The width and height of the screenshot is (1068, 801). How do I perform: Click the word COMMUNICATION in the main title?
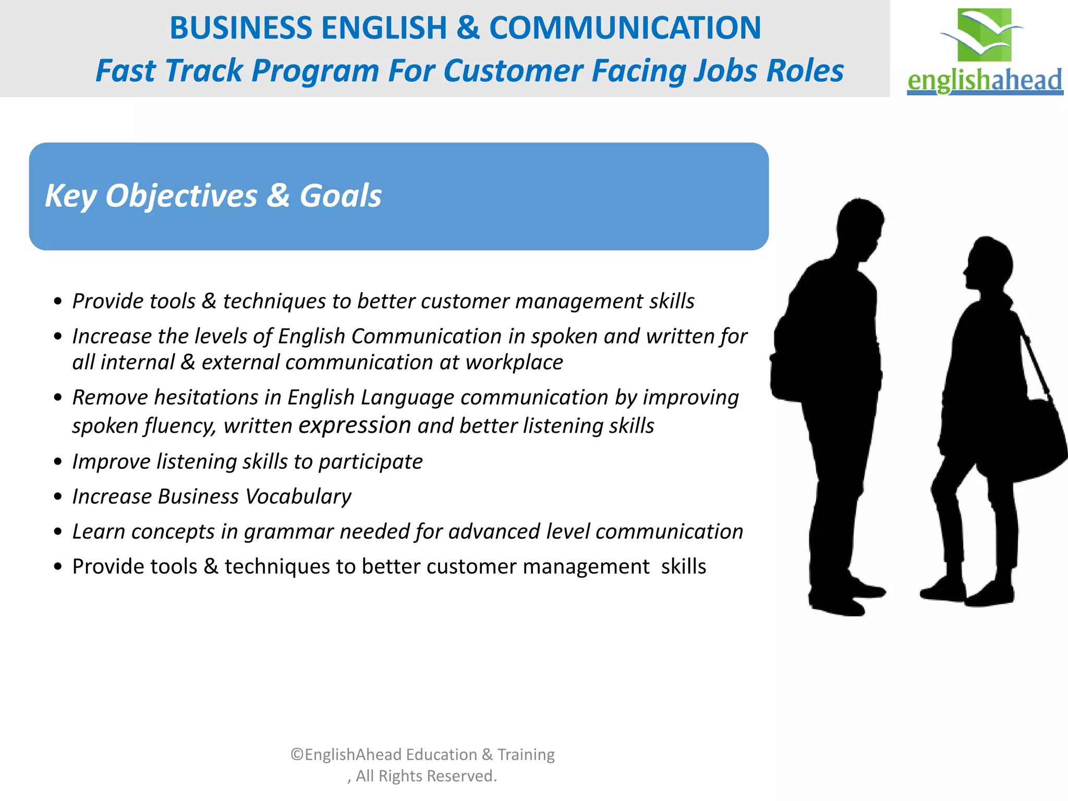click(x=625, y=28)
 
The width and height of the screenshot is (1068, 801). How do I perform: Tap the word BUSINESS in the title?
click(x=240, y=28)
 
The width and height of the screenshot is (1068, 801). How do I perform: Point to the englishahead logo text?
click(x=985, y=80)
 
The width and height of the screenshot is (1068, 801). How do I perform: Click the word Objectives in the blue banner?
click(x=181, y=197)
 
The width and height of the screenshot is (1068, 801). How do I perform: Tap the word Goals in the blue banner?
click(x=340, y=197)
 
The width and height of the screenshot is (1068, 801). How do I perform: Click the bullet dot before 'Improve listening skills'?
click(x=58, y=462)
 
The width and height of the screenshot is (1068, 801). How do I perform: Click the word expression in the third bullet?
click(x=355, y=426)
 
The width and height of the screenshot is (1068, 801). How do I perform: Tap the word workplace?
click(x=514, y=362)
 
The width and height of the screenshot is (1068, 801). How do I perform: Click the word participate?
click(x=370, y=462)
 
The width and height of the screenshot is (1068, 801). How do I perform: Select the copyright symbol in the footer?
click(x=297, y=755)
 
